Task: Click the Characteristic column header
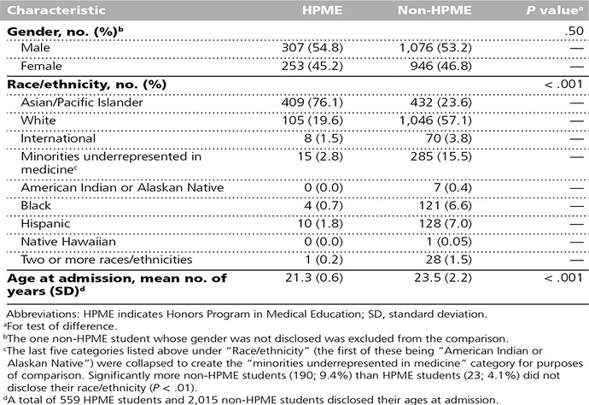tap(56, 12)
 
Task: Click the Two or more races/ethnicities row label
tap(106, 259)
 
